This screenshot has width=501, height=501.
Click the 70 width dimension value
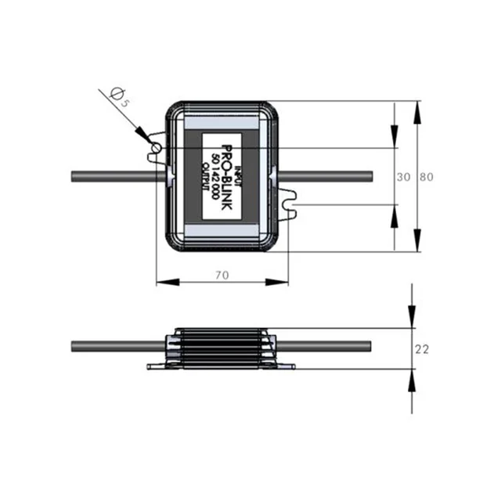222,275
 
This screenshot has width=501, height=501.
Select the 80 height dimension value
427,177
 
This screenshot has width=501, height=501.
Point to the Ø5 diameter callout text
118,96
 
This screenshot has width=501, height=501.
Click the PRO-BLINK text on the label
227,176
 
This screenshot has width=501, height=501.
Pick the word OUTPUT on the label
206,177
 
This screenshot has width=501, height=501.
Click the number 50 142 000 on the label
215,176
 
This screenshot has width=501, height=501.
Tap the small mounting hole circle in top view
157,148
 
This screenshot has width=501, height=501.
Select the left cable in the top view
117,176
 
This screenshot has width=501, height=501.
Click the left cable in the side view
117,346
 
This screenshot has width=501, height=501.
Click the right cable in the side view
325,346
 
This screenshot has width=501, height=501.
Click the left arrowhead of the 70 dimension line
164,283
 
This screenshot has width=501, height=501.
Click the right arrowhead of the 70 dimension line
281,283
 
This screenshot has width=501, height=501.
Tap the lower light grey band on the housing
223,230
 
